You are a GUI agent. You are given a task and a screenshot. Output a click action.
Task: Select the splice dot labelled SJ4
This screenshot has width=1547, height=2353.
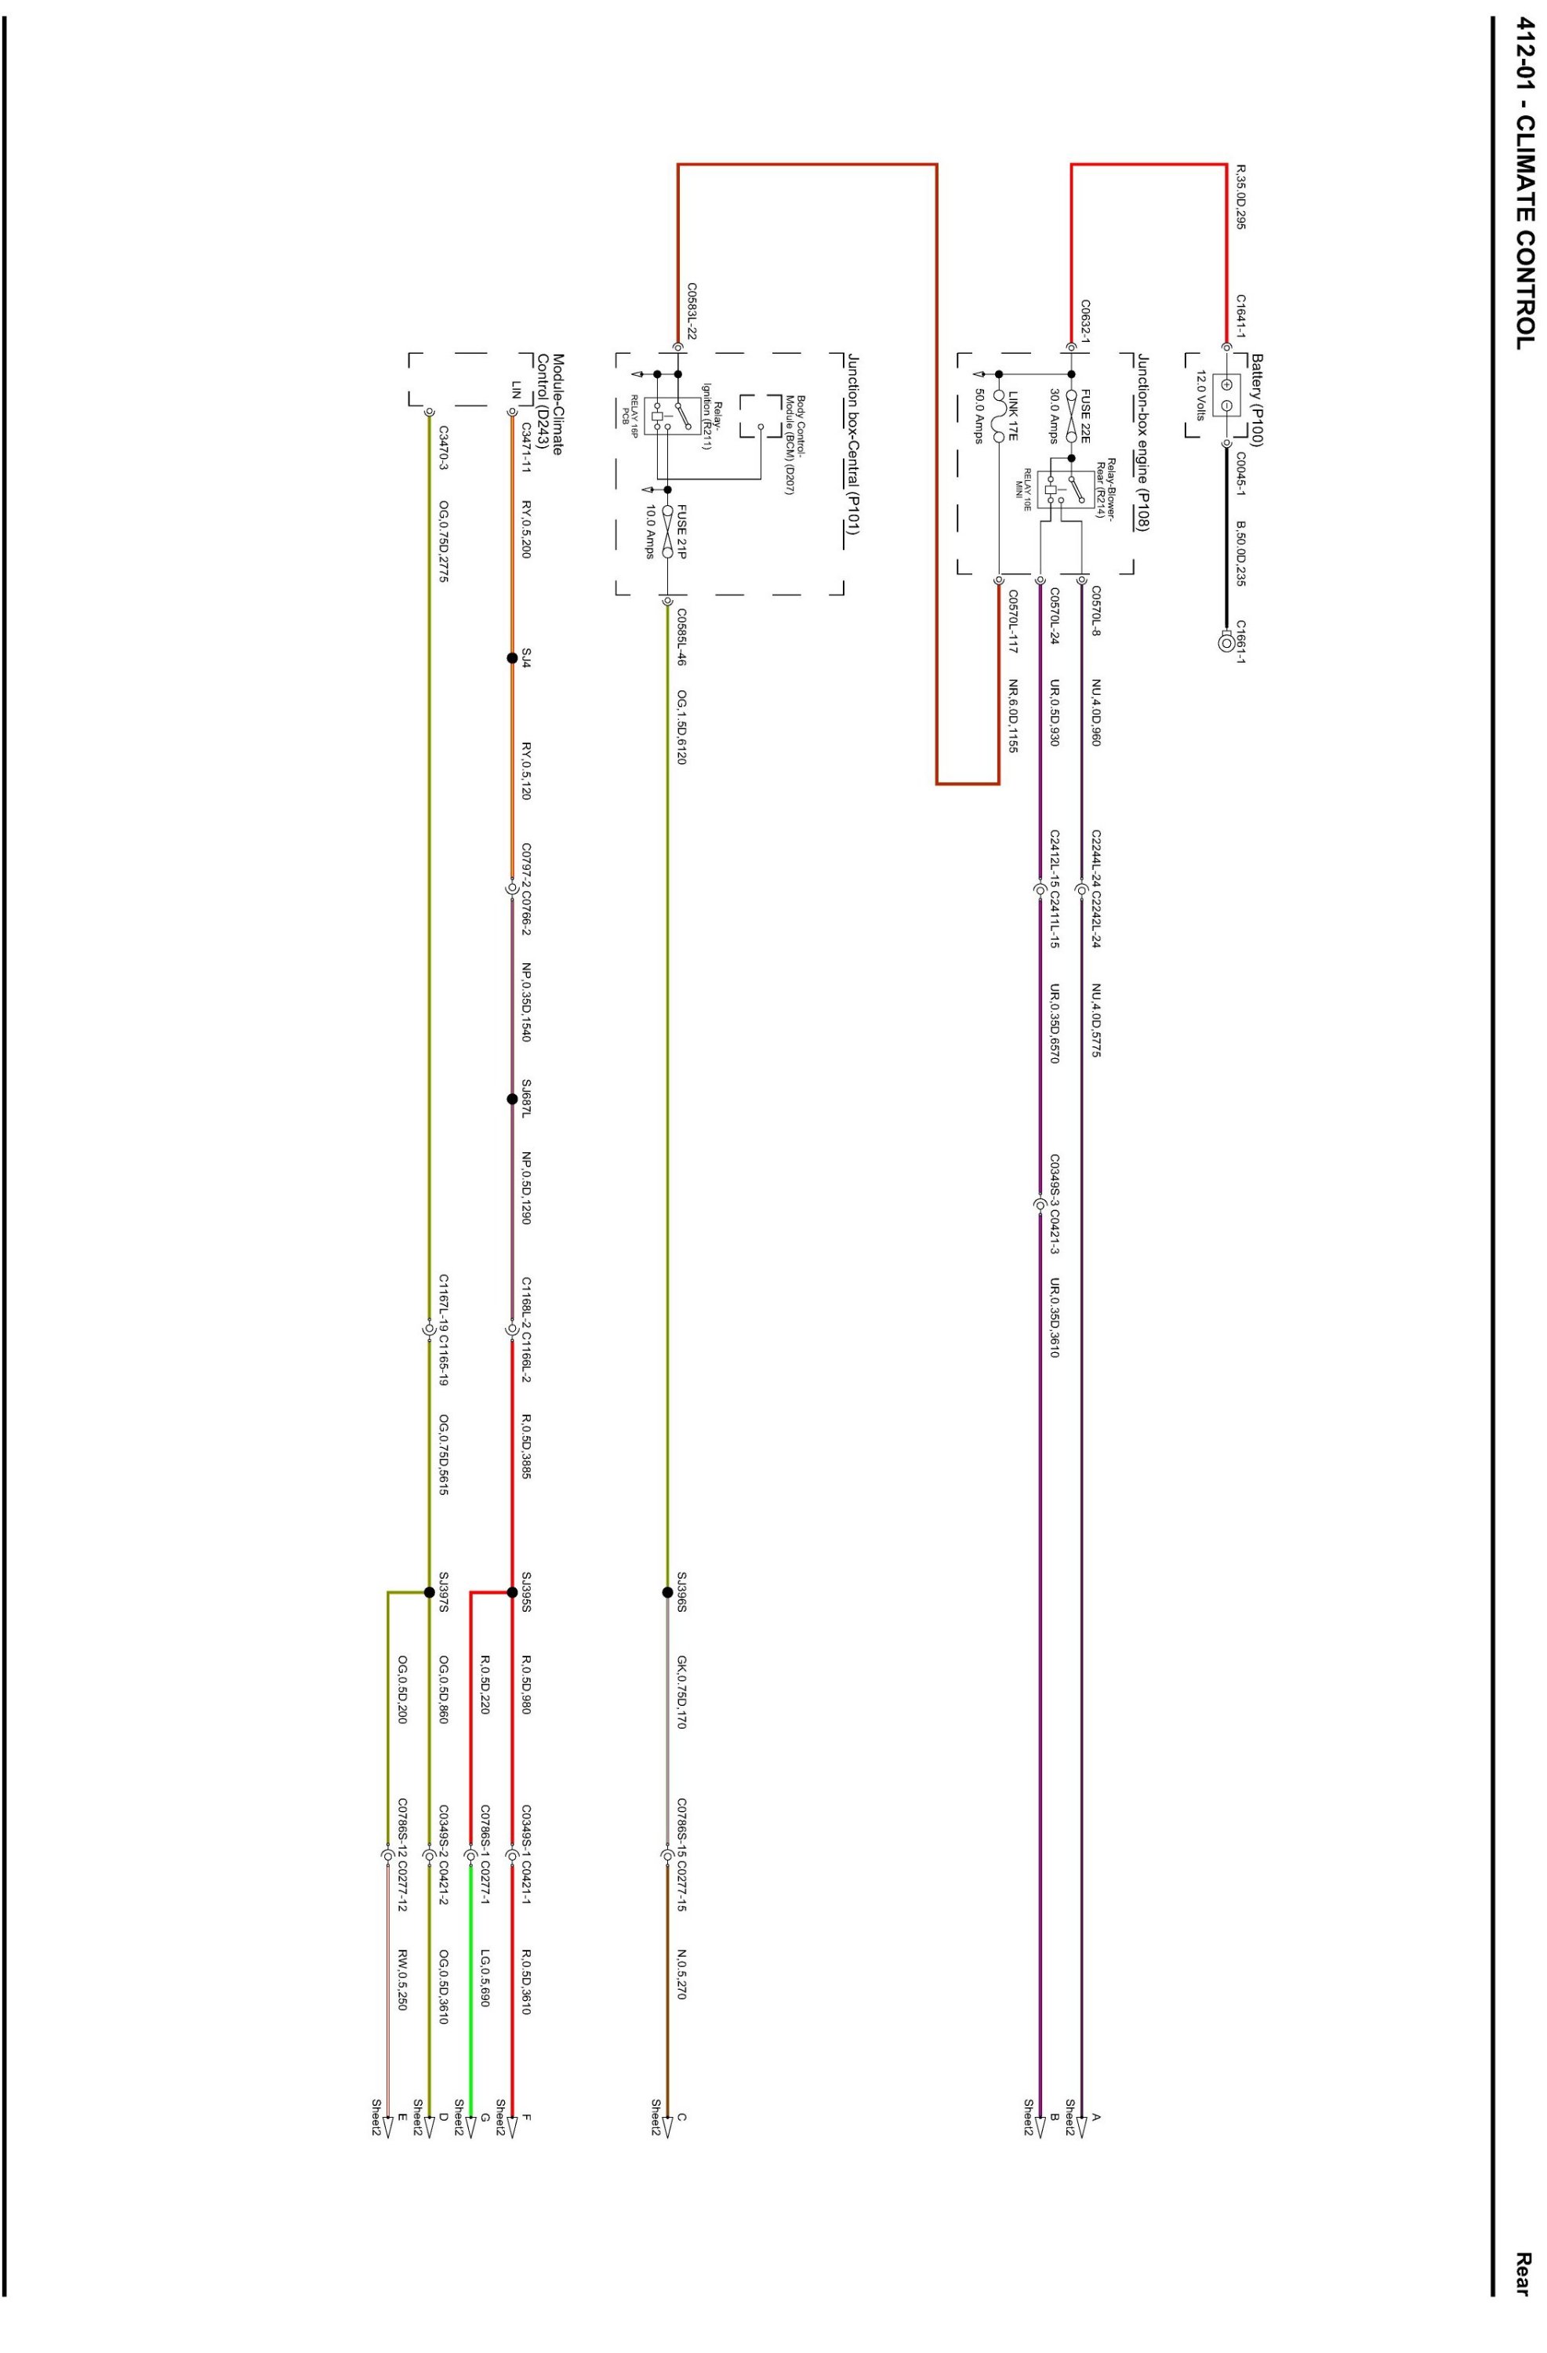pos(512,657)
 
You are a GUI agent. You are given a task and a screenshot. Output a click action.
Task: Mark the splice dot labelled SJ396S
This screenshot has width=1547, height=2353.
pos(667,1591)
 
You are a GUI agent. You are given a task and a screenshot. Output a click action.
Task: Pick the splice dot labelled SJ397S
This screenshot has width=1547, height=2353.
pos(429,1591)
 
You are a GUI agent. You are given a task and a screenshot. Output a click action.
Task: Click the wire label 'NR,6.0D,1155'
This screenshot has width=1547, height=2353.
pos(1011,717)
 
